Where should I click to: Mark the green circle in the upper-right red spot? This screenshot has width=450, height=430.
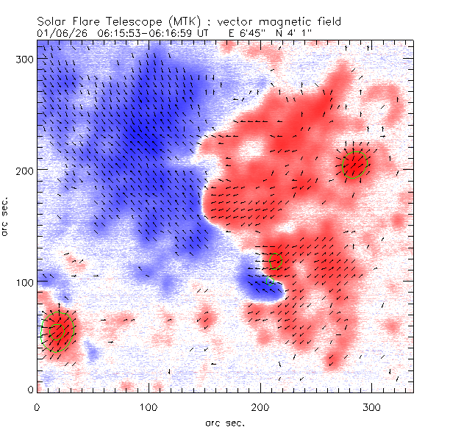[x=354, y=165]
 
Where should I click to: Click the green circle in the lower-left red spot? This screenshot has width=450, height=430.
[x=57, y=331]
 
